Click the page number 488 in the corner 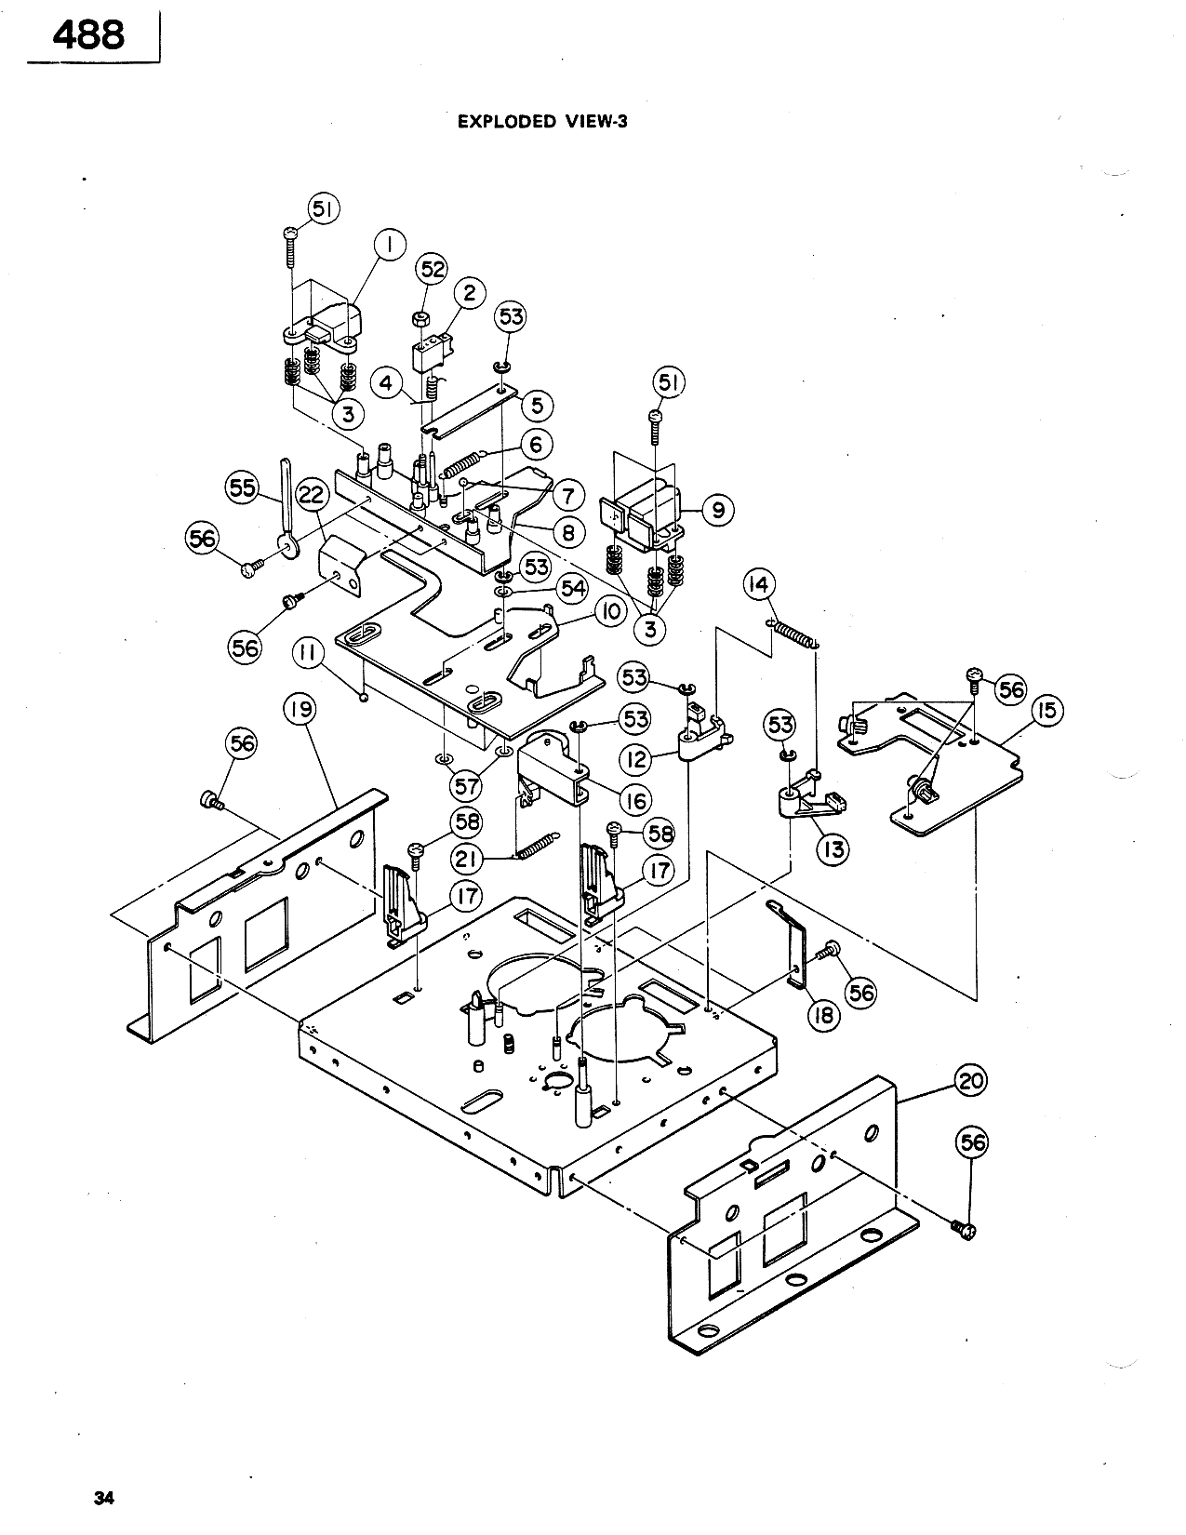tap(89, 35)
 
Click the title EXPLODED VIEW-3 tap(542, 122)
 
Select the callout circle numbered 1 tap(389, 245)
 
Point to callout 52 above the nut tap(433, 270)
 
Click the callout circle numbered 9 tap(718, 510)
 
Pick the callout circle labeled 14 tap(759, 585)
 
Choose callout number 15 tap(1046, 710)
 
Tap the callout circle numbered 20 tap(970, 1081)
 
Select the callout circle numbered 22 tap(311, 495)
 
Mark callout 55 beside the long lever tap(242, 487)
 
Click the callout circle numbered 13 tap(833, 849)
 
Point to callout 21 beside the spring tap(467, 860)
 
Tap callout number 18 tap(824, 1016)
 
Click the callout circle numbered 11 tap(308, 653)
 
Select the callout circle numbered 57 tap(465, 785)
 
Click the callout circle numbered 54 tap(573, 588)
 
